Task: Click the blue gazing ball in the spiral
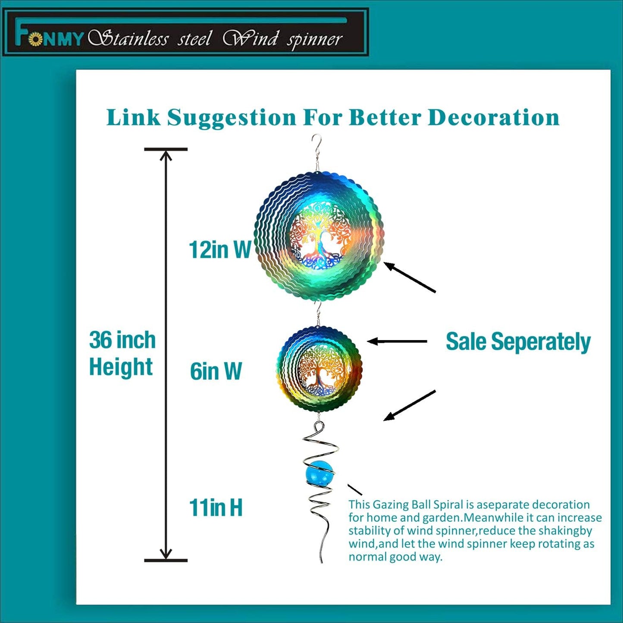[320, 473]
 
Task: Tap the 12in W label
[220, 249]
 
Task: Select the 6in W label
[216, 371]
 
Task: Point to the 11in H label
[216, 507]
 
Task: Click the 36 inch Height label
[122, 353]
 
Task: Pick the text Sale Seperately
[518, 342]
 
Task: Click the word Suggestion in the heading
[232, 117]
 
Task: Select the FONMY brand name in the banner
[49, 38]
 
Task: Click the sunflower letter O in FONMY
[35, 39]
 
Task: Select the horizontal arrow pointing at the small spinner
[397, 341]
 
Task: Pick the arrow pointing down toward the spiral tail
[410, 405]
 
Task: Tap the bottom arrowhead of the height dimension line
[166, 554]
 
